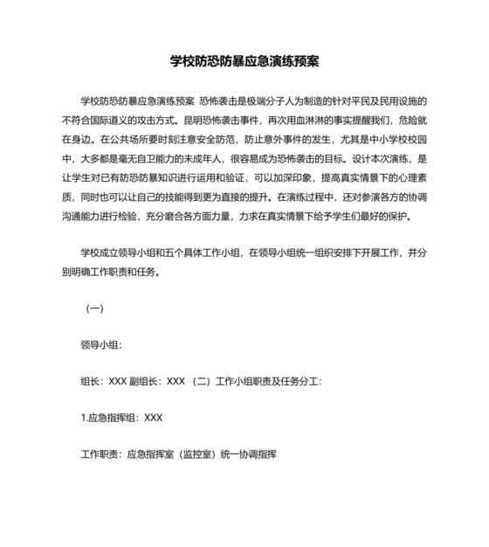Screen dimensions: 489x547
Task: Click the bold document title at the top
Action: (x=244, y=63)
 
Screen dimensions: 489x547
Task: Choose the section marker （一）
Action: (x=93, y=308)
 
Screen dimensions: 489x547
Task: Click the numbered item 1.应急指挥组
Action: (x=109, y=419)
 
